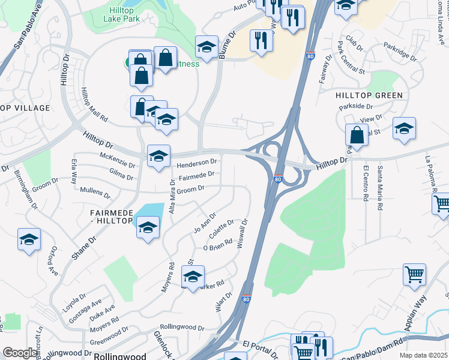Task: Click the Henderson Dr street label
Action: (x=196, y=163)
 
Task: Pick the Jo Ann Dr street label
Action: (x=205, y=224)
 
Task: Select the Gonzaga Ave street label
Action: (x=85, y=311)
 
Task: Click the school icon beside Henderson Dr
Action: (x=159, y=155)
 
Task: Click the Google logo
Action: (x=20, y=353)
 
